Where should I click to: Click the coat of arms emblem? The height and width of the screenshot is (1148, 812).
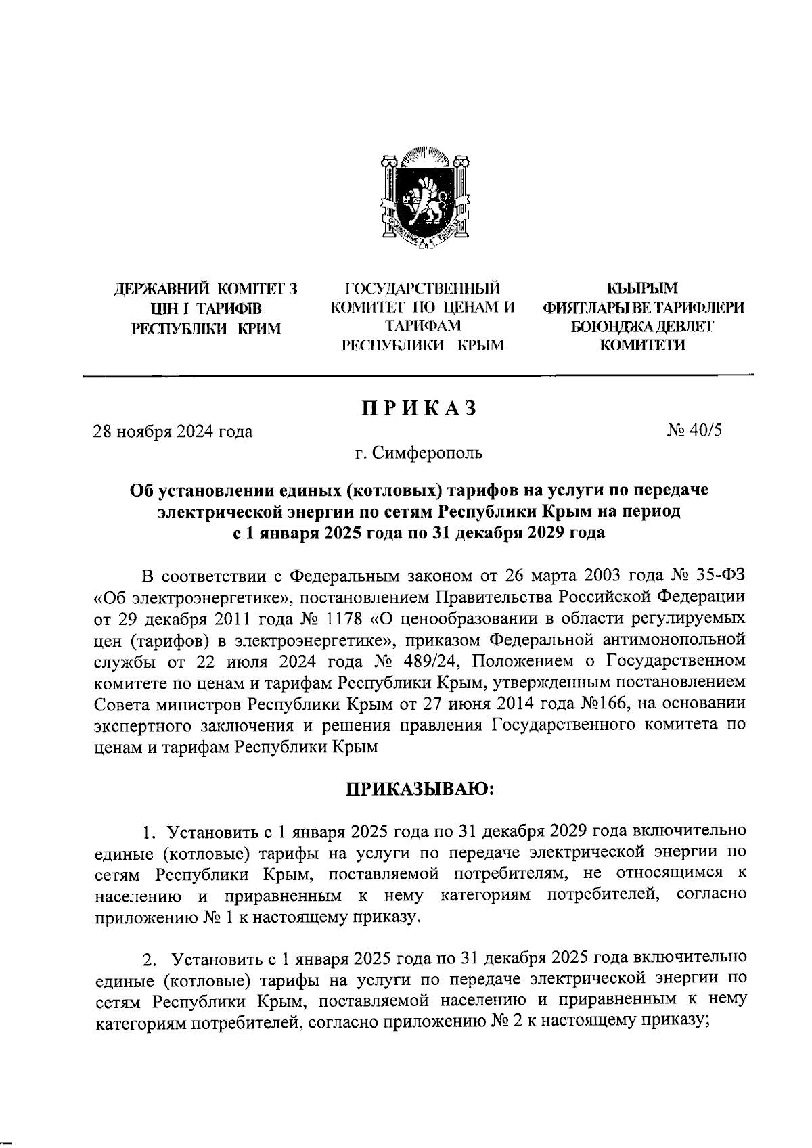(x=425, y=196)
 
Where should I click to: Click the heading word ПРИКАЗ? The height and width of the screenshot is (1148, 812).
(x=420, y=409)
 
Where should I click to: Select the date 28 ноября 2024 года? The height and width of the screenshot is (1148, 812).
(x=173, y=431)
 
